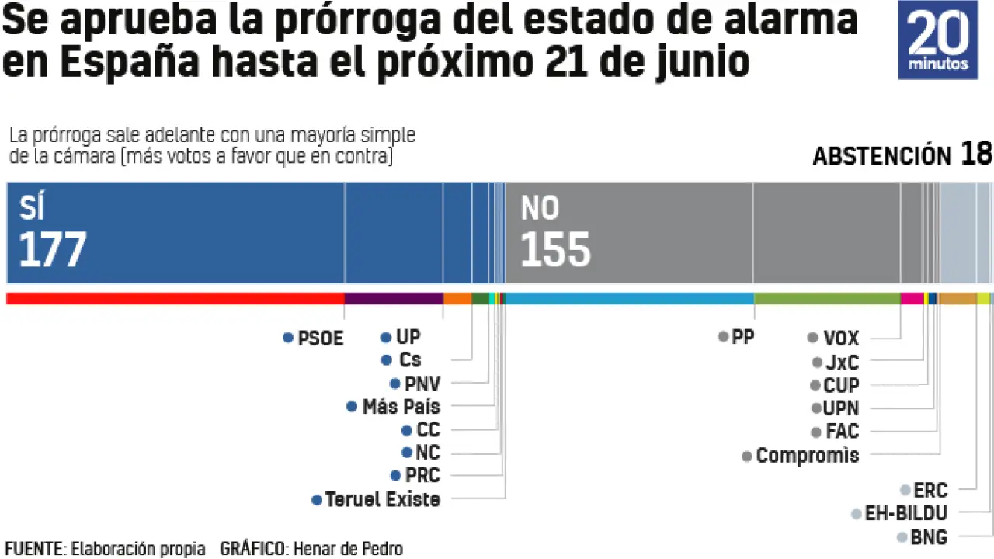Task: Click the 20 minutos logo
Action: (x=937, y=40)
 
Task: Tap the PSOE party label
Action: (x=320, y=339)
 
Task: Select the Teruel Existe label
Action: (x=382, y=500)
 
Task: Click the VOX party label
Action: (x=841, y=339)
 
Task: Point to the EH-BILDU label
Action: (x=905, y=513)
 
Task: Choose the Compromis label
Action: (x=808, y=456)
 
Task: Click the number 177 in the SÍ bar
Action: (x=52, y=250)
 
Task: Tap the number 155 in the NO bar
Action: (x=555, y=250)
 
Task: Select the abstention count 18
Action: (x=976, y=154)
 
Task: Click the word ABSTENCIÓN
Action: (x=881, y=156)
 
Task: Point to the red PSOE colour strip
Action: (x=175, y=298)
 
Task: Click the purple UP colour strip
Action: (x=394, y=298)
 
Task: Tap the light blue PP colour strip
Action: (x=629, y=298)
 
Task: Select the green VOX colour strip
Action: (x=827, y=298)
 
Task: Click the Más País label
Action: (x=401, y=407)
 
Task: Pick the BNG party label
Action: (x=928, y=536)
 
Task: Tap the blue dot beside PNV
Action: (x=395, y=384)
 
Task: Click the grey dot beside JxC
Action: (x=817, y=363)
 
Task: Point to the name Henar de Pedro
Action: (x=346, y=549)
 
